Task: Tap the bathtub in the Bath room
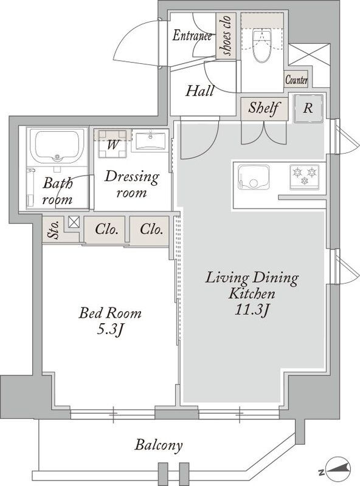click(x=56, y=146)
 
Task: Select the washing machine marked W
click(x=112, y=143)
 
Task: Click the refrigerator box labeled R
click(x=308, y=108)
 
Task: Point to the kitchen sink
click(x=253, y=177)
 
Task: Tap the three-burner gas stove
click(x=304, y=177)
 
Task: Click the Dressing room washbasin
click(x=151, y=140)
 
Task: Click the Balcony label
click(x=158, y=445)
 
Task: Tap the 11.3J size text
click(x=251, y=310)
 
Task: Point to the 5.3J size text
click(x=111, y=330)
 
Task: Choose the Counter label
click(x=296, y=80)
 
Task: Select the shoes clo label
click(x=226, y=36)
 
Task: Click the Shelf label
click(x=263, y=108)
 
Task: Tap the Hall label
click(x=200, y=91)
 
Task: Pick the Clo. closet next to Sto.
click(x=106, y=230)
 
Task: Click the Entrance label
click(x=192, y=35)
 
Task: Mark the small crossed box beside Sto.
click(x=74, y=222)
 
